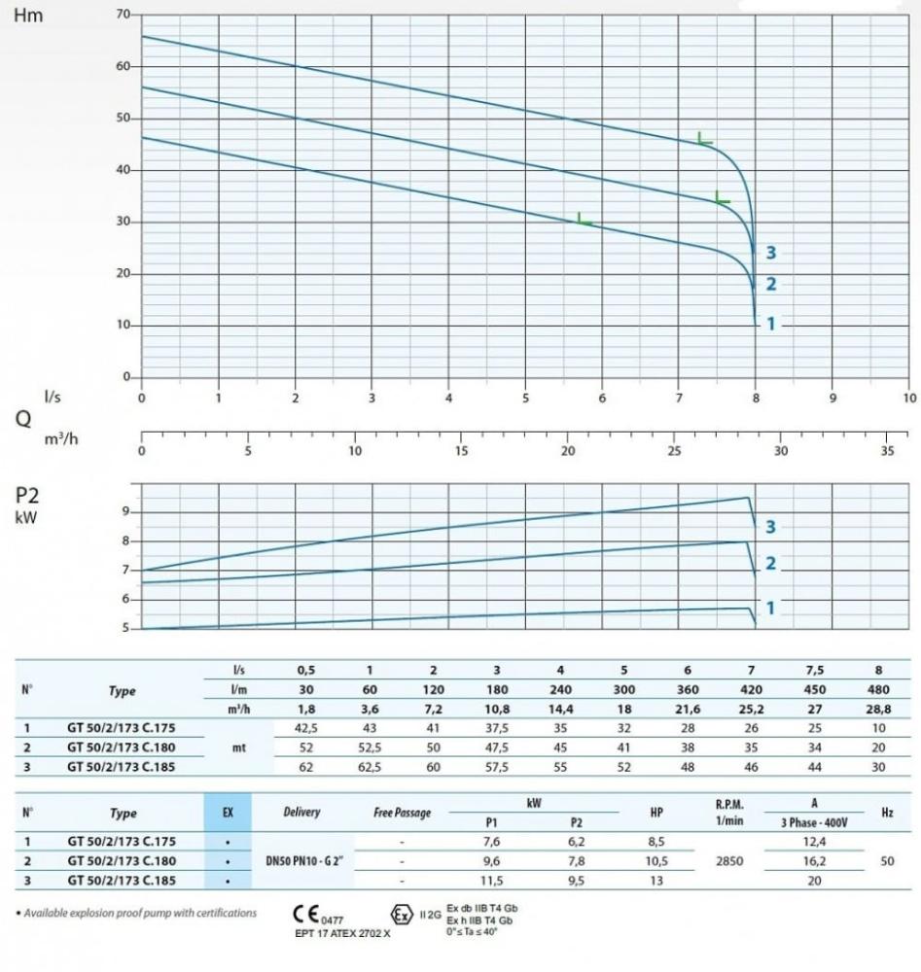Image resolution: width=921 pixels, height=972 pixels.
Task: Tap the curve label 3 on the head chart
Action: (x=771, y=253)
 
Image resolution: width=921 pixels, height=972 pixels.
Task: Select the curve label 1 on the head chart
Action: (x=771, y=324)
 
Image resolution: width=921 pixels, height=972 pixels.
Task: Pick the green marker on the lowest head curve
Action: (x=584, y=220)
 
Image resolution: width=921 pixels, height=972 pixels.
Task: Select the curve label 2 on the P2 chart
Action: (x=771, y=564)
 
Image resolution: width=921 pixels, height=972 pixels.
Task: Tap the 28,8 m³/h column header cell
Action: (x=879, y=711)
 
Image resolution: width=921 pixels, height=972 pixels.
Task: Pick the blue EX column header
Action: (x=227, y=812)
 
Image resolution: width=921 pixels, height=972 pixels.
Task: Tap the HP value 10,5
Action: (x=656, y=860)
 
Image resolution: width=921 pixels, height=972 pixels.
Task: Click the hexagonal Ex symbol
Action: (x=401, y=915)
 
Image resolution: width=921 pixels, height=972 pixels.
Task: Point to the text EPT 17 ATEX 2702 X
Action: (x=341, y=934)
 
